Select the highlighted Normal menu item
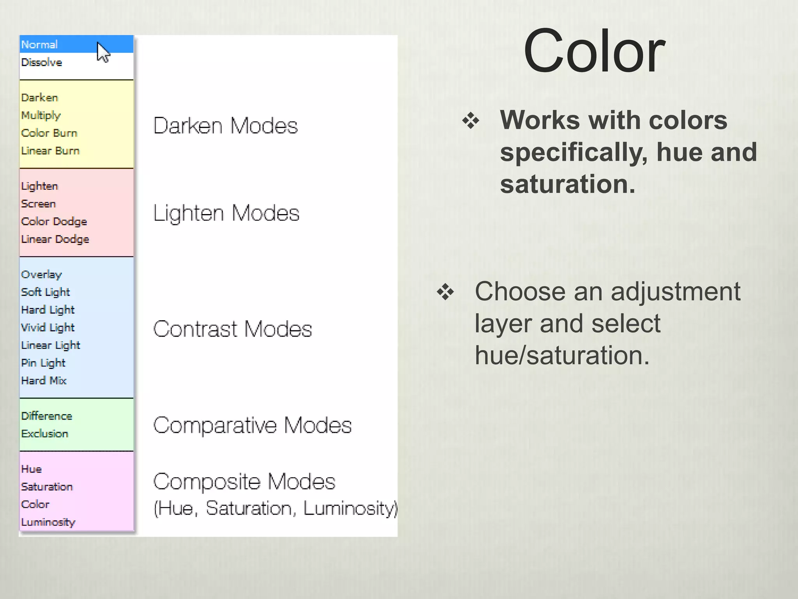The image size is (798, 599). tap(40, 44)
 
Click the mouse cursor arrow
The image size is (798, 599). tap(103, 52)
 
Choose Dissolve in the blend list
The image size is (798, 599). tap(42, 62)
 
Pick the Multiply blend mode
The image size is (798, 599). tap(41, 115)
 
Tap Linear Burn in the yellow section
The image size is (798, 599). tap(50, 151)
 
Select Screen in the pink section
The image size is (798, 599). tap(39, 204)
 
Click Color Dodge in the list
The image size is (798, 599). tap(54, 222)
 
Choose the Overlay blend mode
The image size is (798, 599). tap(41, 275)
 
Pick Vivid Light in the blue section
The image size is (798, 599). tap(48, 328)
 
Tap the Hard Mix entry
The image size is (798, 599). tap(44, 381)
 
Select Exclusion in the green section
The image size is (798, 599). tap(45, 434)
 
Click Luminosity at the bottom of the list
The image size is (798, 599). tap(48, 522)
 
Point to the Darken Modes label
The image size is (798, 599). tap(225, 126)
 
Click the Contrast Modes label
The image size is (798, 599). tap(233, 329)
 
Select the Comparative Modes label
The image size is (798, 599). tap(252, 425)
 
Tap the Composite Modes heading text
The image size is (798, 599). tap(244, 482)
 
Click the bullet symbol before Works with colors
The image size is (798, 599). tap(471, 121)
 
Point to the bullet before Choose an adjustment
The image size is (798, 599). tap(445, 292)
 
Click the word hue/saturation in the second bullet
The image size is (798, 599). tap(562, 355)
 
